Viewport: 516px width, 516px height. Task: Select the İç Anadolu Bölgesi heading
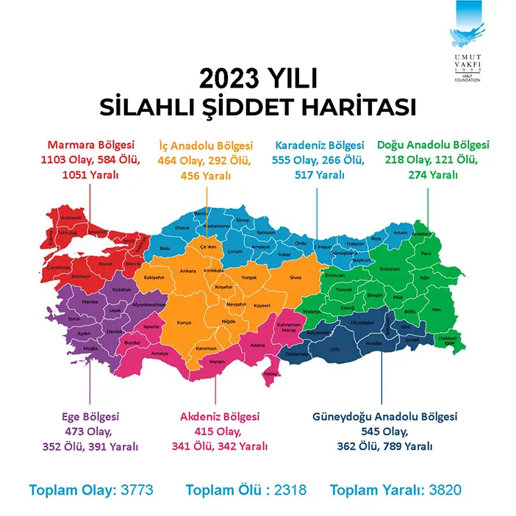pos(207,145)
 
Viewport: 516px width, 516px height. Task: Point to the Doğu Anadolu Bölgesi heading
pos(432,145)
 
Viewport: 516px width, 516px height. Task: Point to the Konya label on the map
pos(184,322)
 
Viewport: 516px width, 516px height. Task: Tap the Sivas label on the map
pos(296,278)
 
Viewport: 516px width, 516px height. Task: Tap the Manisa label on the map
pos(90,302)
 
